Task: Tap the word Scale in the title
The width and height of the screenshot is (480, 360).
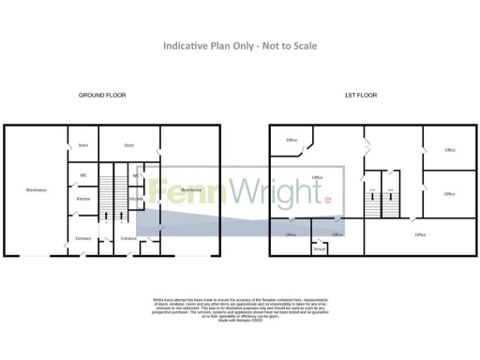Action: pyautogui.click(x=301, y=46)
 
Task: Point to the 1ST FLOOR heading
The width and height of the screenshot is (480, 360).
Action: pyautogui.click(x=360, y=96)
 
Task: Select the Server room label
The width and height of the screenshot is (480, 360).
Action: pyautogui.click(x=319, y=248)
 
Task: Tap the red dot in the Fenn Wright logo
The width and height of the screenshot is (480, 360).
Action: pyautogui.click(x=329, y=200)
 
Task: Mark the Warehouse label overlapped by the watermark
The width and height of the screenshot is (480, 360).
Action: pyautogui.click(x=191, y=190)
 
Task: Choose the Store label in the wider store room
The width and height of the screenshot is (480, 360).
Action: pyautogui.click(x=129, y=145)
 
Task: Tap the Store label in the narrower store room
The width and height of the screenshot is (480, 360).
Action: pyautogui.click(x=82, y=145)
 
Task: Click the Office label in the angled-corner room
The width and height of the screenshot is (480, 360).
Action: pyautogui.click(x=292, y=141)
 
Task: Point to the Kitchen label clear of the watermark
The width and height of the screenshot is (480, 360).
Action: pyautogui.click(x=82, y=199)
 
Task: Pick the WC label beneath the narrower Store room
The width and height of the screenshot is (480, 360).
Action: pyautogui.click(x=82, y=175)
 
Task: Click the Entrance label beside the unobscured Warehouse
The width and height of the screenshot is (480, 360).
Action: pyautogui.click(x=82, y=238)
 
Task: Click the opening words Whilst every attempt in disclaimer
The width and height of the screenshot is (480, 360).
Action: pyautogui.click(x=174, y=300)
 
